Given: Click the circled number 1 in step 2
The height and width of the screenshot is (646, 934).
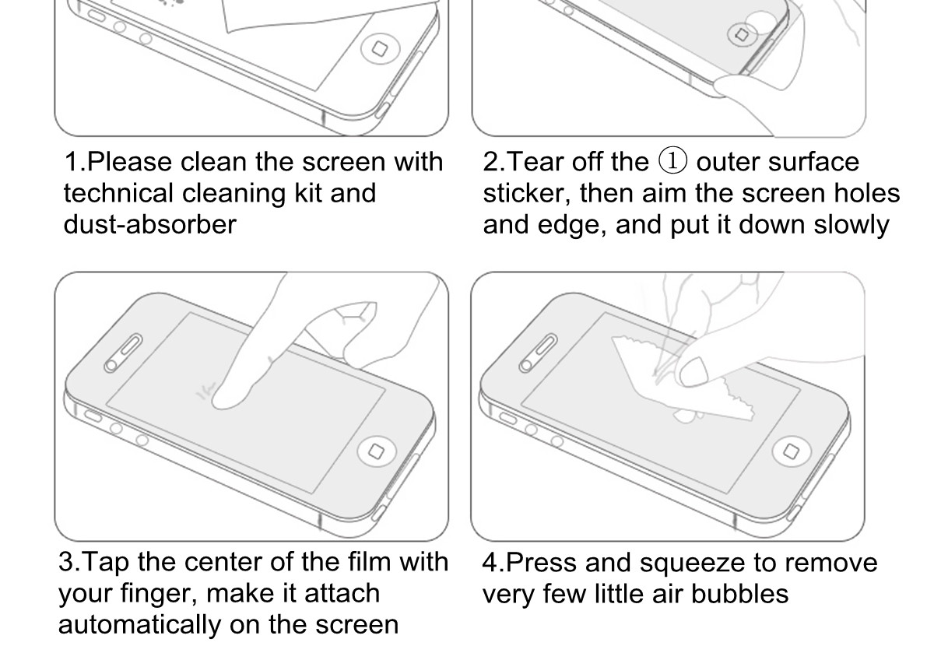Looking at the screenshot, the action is [x=672, y=161].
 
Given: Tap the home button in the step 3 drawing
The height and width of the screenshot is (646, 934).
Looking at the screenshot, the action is [x=377, y=451].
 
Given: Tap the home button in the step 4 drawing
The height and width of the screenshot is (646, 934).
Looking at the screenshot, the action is [x=792, y=451].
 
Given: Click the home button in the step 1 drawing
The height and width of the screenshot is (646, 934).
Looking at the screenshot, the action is [x=381, y=49].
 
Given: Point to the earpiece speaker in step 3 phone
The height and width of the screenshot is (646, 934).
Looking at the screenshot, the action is [x=123, y=353].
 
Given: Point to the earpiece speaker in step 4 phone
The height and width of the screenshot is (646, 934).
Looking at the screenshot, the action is [x=538, y=353].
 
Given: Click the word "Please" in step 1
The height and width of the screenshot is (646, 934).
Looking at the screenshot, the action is [x=130, y=162].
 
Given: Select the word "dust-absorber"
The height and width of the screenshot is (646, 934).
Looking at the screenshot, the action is [x=150, y=224].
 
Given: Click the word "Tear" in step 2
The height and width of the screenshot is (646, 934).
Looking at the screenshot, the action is [x=535, y=162].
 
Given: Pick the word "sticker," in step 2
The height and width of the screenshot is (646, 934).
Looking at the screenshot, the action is [x=527, y=194].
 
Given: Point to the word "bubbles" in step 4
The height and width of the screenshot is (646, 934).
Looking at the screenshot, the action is [x=740, y=594].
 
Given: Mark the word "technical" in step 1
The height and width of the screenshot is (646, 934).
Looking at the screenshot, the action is [x=118, y=194].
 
